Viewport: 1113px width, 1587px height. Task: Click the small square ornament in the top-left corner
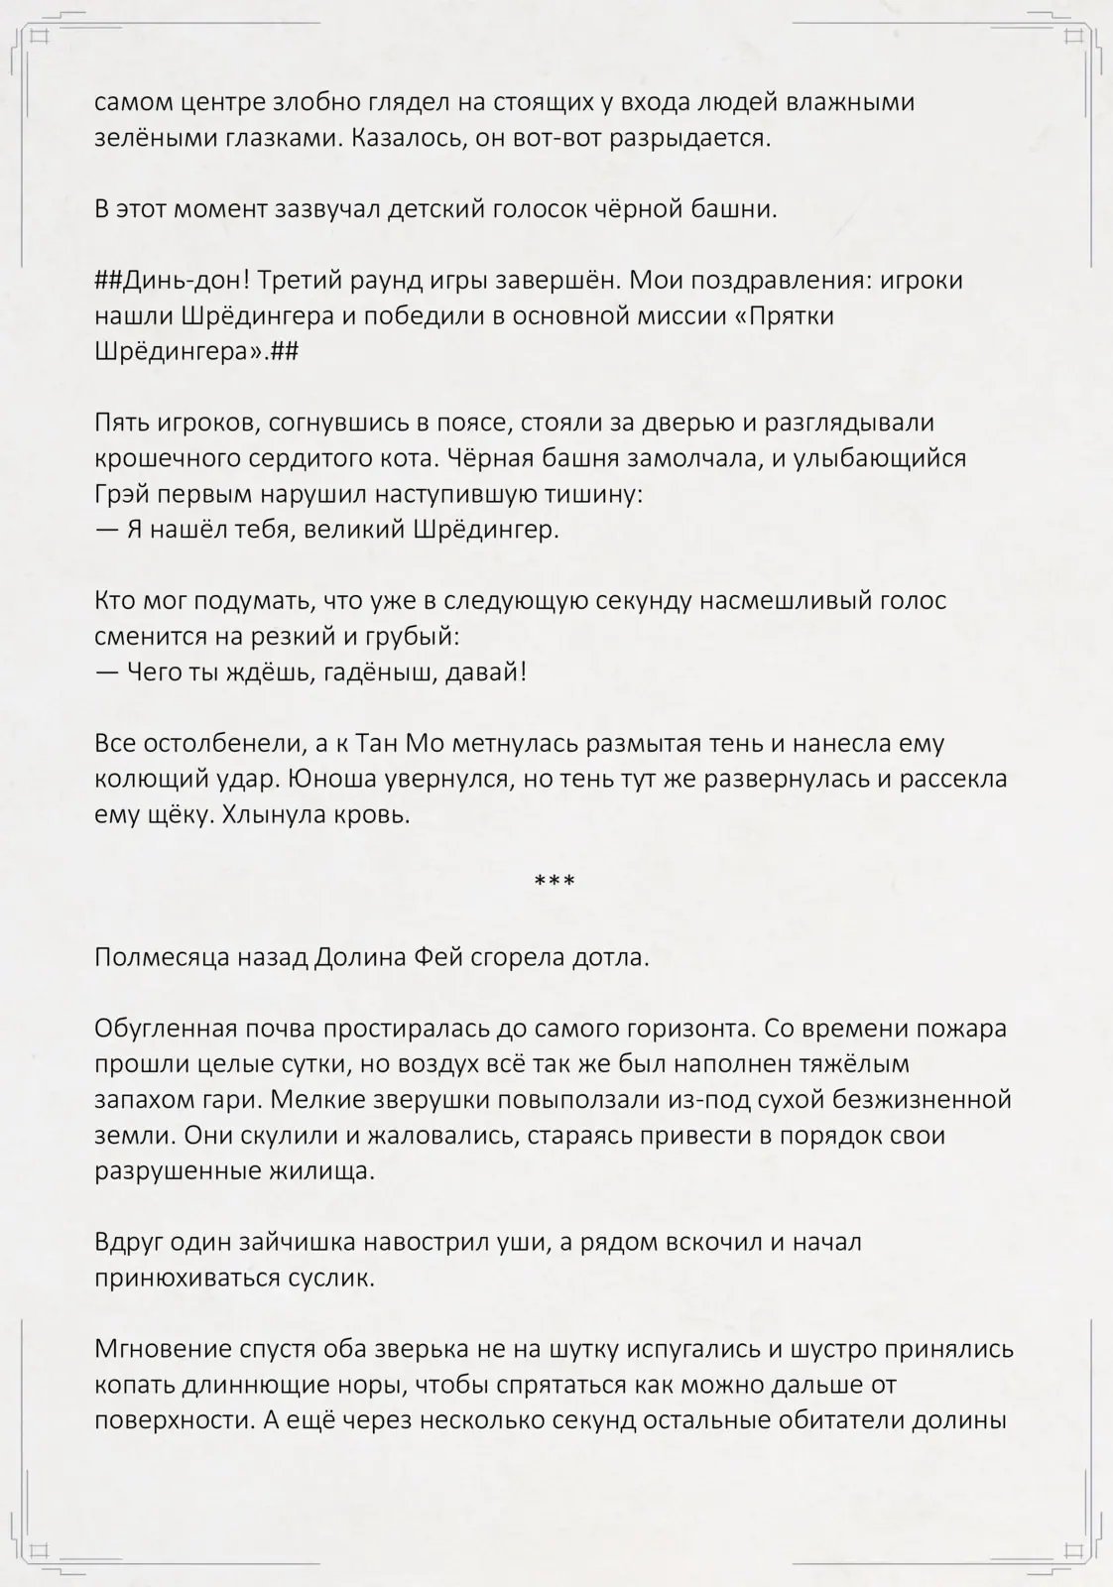click(x=40, y=37)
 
